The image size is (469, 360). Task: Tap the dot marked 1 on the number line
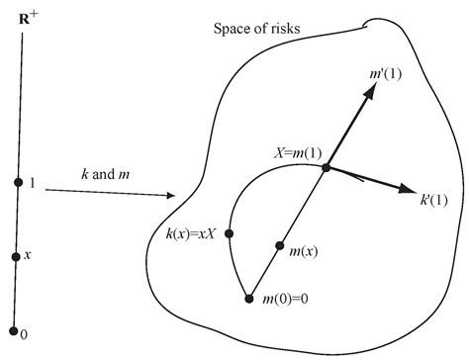(18, 181)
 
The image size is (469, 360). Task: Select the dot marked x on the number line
(16, 256)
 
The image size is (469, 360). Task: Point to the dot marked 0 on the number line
(13, 331)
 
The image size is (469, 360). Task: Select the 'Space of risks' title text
(257, 27)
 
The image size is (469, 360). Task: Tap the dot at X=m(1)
(326, 168)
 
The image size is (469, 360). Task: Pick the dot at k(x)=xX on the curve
(230, 233)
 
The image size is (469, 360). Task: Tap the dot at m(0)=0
(248, 296)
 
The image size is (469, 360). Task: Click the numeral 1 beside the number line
(33, 182)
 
